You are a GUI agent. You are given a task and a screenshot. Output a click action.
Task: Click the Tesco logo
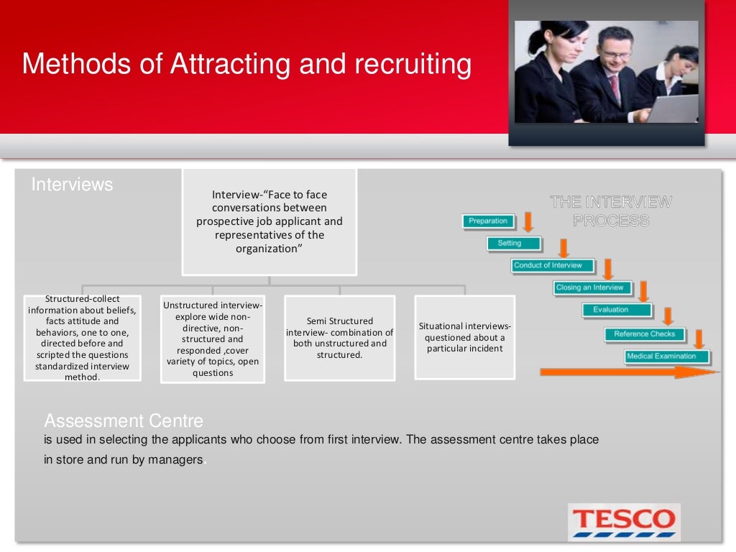tap(623, 522)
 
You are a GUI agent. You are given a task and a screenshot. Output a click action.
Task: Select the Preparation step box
tap(488, 221)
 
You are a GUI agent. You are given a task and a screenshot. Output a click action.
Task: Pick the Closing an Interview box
tap(592, 288)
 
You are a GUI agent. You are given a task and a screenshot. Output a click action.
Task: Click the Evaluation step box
tap(616, 310)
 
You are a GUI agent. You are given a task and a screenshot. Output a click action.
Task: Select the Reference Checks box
tap(644, 334)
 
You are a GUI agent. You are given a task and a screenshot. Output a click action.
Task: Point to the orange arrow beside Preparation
tap(528, 221)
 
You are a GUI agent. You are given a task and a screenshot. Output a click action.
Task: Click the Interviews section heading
tap(72, 185)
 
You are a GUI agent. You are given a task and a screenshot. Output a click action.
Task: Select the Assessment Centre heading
tap(124, 421)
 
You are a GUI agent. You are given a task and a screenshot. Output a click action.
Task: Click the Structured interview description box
tap(83, 338)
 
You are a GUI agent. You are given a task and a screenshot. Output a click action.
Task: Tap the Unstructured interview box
tap(213, 339)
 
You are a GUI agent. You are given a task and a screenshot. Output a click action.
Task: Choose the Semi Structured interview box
tap(340, 338)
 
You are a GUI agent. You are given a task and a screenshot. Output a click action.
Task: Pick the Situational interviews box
tap(465, 337)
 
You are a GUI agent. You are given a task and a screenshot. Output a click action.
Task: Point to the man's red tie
tap(615, 89)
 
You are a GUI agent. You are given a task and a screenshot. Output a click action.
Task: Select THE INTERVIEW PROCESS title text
tap(611, 211)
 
